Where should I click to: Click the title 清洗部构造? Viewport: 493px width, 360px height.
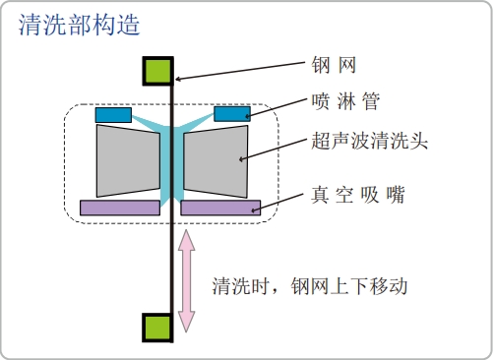(x=77, y=25)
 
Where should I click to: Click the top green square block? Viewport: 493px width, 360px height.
(x=158, y=71)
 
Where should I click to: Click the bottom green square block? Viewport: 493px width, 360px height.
(x=158, y=327)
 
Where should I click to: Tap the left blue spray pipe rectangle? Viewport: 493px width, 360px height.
(x=114, y=115)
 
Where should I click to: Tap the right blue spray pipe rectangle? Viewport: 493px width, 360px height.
(x=231, y=114)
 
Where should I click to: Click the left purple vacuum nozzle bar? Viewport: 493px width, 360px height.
(x=120, y=208)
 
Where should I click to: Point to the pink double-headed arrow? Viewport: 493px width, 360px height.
(x=187, y=280)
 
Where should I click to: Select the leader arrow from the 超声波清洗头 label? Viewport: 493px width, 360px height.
(x=275, y=148)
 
